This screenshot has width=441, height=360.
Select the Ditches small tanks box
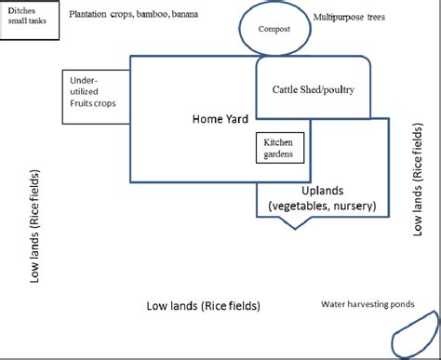pyautogui.click(x=30, y=20)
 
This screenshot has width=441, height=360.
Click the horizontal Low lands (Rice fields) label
pyautogui.click(x=204, y=305)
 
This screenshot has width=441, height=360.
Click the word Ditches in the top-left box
pyautogui.click(x=20, y=11)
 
